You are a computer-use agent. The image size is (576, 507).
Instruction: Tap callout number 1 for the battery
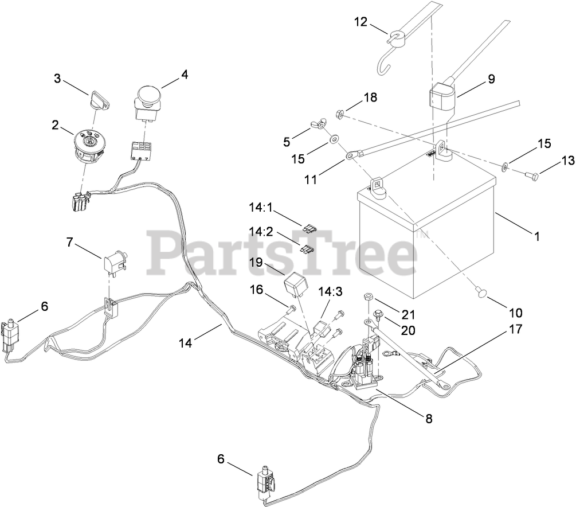[x=536, y=235]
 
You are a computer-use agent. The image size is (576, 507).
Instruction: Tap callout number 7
[x=70, y=242]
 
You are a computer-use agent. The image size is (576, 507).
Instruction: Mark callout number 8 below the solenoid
[x=429, y=418]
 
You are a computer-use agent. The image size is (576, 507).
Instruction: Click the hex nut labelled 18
[x=339, y=115]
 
